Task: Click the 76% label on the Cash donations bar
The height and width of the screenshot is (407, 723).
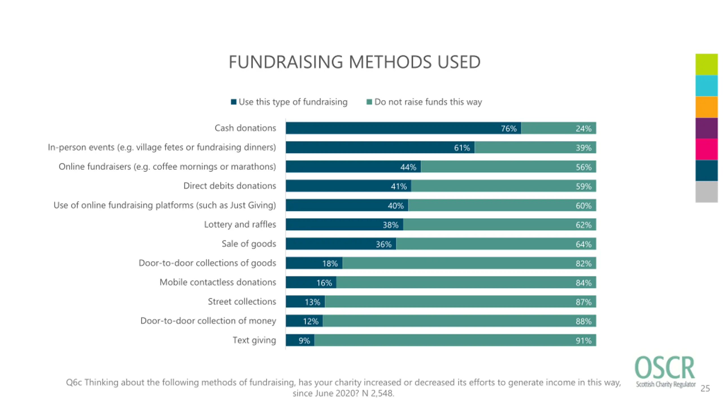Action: tap(508, 129)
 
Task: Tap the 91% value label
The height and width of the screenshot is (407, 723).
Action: tap(583, 341)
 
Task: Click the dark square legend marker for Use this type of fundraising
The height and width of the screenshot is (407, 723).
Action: tap(234, 102)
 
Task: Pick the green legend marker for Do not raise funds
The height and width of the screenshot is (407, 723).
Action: tap(369, 102)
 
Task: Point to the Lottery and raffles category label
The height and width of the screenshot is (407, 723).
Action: tap(240, 224)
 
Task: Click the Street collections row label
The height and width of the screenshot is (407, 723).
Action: tap(242, 302)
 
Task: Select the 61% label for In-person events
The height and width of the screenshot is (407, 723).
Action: tap(462, 148)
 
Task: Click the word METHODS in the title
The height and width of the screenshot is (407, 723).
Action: tap(390, 62)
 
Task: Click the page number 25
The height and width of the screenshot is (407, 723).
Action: tap(705, 388)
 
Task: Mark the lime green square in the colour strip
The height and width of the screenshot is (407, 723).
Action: tap(706, 64)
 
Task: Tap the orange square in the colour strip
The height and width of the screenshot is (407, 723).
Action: tap(706, 107)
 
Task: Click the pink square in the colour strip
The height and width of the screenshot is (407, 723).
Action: tap(706, 149)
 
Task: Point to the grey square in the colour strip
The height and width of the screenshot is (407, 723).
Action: tap(706, 192)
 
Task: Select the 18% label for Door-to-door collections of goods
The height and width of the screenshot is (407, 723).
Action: tap(330, 264)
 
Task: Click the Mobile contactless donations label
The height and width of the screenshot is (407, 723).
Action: tap(217, 282)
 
